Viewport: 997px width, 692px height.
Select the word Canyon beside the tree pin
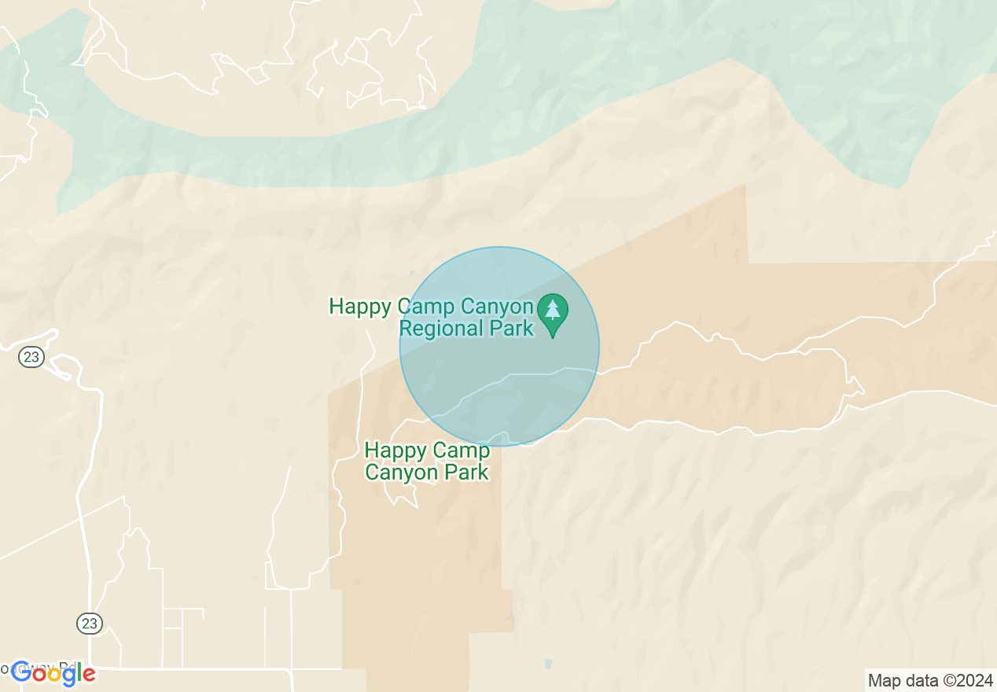(x=495, y=306)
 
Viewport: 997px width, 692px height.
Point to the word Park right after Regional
(x=512, y=328)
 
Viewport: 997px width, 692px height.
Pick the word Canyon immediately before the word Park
(x=401, y=473)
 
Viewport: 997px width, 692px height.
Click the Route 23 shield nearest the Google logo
(x=90, y=624)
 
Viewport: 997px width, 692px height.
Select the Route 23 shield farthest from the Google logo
(x=31, y=357)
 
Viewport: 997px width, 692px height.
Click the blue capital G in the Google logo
(x=21, y=673)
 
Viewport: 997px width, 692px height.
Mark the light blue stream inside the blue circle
(x=519, y=376)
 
